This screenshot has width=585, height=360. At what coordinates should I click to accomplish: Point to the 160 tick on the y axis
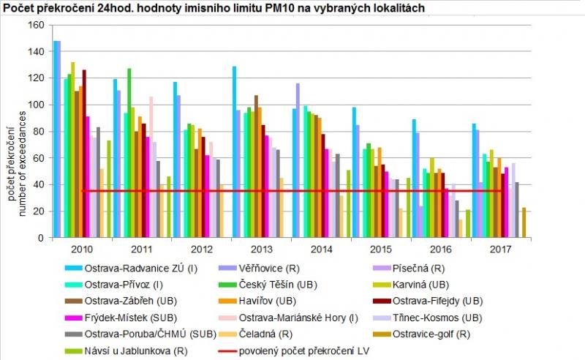tap(36, 25)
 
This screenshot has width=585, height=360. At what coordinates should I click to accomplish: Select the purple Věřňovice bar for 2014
tap(298, 160)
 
